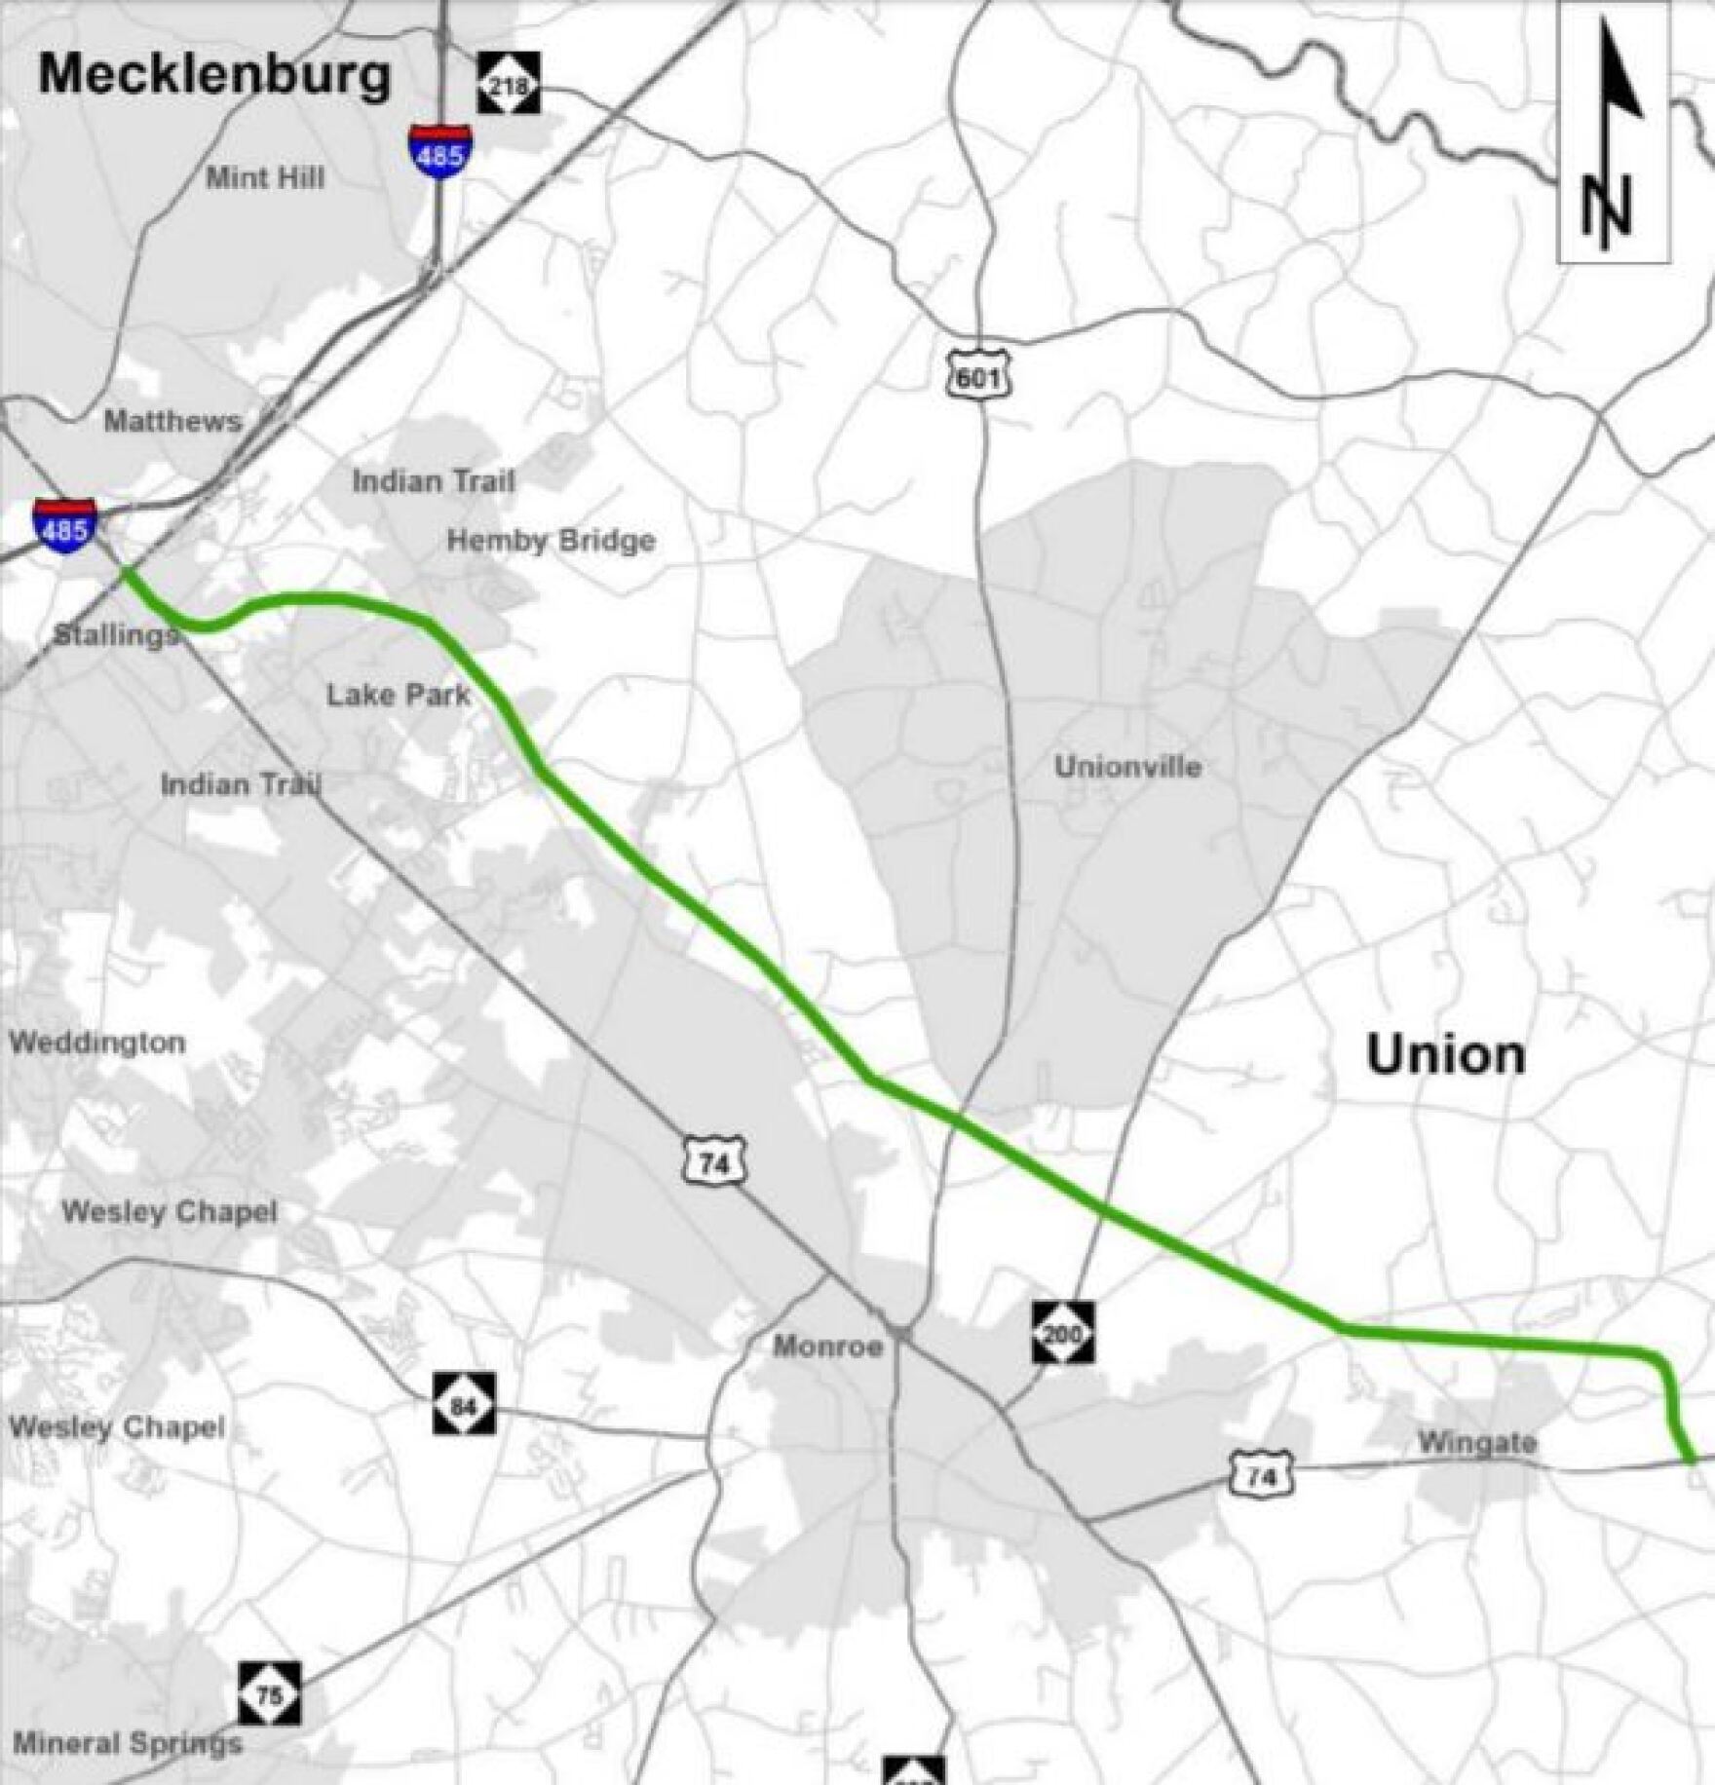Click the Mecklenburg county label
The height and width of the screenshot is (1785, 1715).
click(x=214, y=75)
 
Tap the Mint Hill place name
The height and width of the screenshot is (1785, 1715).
click(x=265, y=178)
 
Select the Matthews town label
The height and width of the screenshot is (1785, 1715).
click(x=172, y=421)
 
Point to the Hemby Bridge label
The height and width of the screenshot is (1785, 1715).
click(x=551, y=541)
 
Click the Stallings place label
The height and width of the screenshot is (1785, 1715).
click(x=115, y=635)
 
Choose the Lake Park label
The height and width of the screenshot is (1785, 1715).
click(x=398, y=695)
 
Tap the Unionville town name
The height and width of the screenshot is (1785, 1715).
click(x=1127, y=767)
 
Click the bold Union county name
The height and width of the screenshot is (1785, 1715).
click(x=1445, y=1055)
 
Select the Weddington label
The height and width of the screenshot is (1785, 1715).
click(x=97, y=1043)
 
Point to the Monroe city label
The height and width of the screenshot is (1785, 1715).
click(x=828, y=1348)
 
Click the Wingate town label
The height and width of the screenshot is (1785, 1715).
click(x=1476, y=1442)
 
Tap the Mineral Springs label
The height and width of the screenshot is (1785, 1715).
click(x=127, y=1743)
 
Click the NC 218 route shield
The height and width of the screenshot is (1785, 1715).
click(x=509, y=84)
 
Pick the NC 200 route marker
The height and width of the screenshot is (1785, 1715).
click(x=1063, y=1332)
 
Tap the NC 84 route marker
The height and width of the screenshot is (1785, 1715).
click(x=464, y=1404)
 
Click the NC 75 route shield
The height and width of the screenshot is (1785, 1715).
click(x=270, y=1693)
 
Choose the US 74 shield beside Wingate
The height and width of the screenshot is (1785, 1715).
click(x=1261, y=1476)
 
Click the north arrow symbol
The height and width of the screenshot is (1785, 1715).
click(x=1614, y=132)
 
